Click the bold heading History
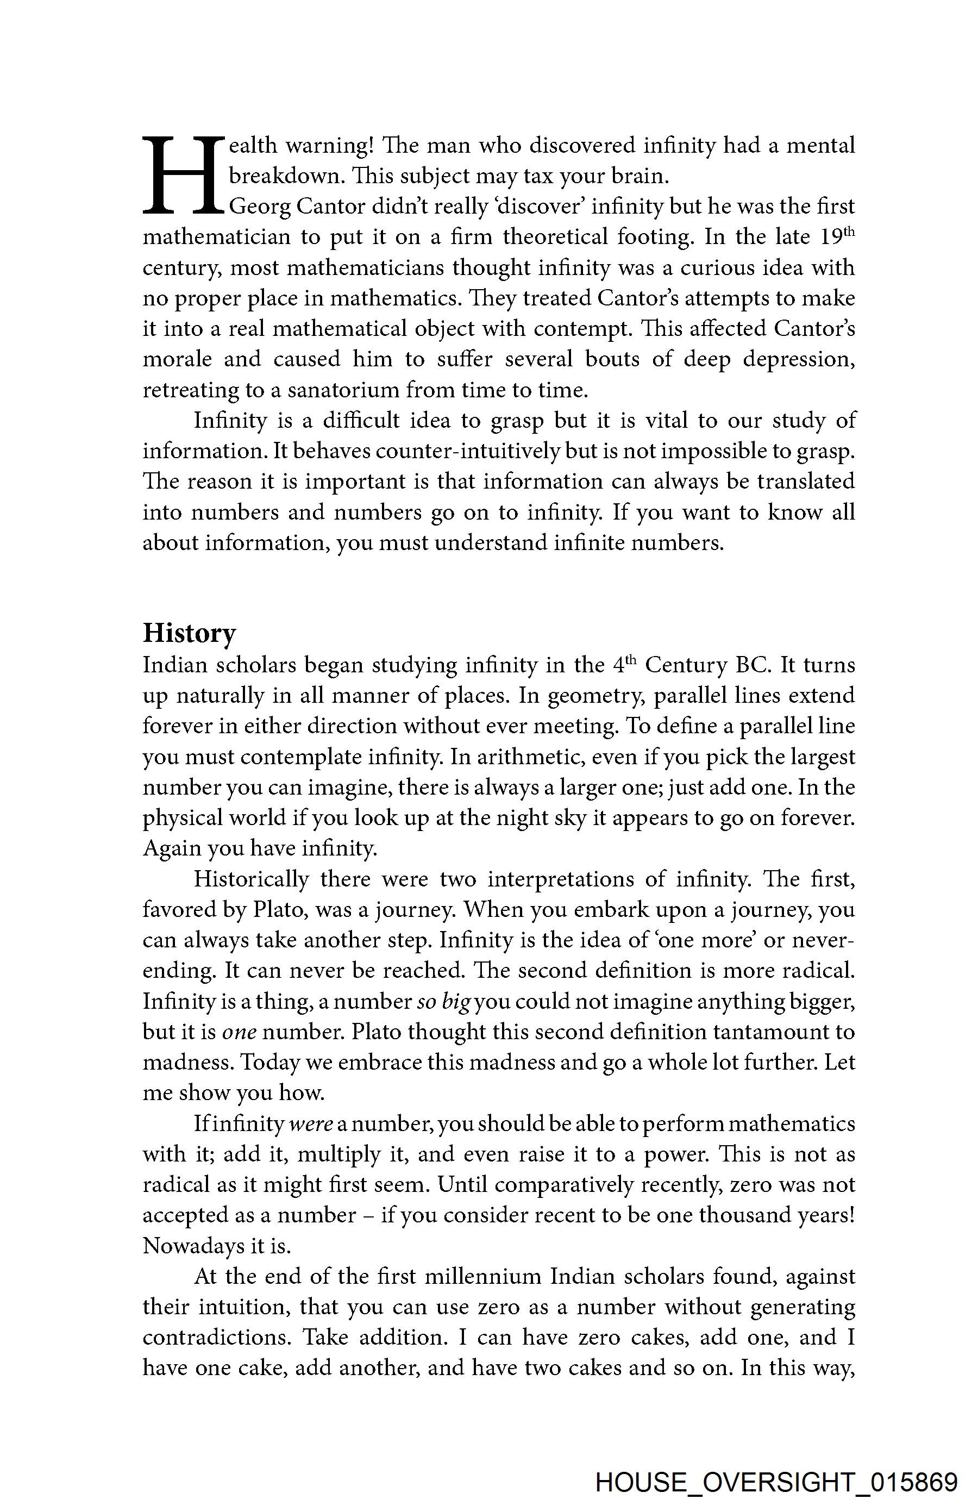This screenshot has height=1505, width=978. [189, 633]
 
